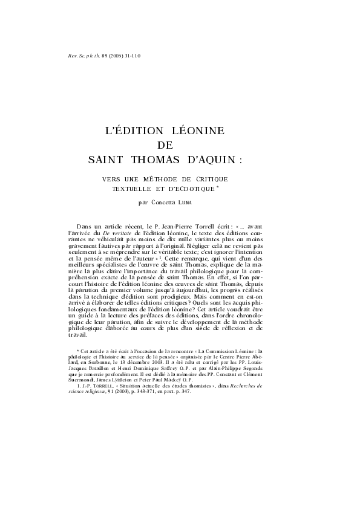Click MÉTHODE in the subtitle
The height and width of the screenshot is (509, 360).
point(160,180)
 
